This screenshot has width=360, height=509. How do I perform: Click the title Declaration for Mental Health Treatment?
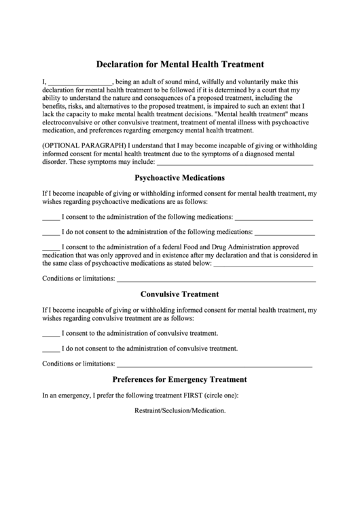click(x=179, y=65)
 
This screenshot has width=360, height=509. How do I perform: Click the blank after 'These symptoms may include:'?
click(x=235, y=163)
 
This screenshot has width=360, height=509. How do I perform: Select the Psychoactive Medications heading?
click(x=179, y=178)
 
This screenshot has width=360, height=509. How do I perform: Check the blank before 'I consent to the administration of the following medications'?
click(x=51, y=218)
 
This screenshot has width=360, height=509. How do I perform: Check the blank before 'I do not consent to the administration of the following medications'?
click(x=51, y=232)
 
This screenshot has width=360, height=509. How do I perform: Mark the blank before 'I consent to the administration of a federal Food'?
click(x=51, y=247)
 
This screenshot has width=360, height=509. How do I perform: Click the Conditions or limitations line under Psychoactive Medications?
click(x=216, y=279)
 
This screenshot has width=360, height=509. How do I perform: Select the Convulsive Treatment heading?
click(x=179, y=294)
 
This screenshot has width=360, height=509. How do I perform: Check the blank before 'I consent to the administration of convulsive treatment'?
click(x=51, y=334)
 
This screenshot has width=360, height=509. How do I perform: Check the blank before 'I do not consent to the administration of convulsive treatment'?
click(x=51, y=349)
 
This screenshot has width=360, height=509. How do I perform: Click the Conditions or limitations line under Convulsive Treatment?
click(x=215, y=364)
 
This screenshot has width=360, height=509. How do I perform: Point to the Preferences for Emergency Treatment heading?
click(x=179, y=379)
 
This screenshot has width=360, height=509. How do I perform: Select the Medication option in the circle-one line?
click(x=210, y=412)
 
